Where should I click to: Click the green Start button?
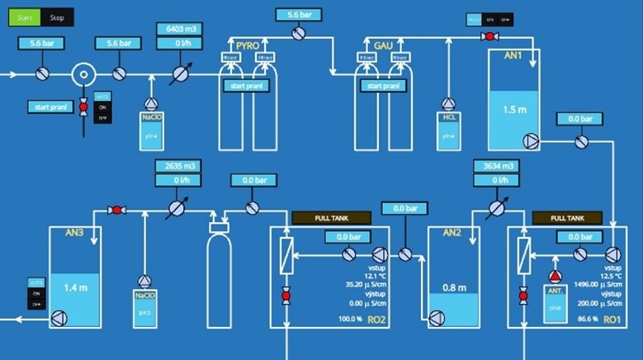24,17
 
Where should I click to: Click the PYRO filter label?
247,45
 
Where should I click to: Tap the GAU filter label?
383,45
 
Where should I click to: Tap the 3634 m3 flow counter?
495,166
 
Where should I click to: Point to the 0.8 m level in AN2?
454,287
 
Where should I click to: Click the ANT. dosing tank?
555,302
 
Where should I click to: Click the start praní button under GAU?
383,87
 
